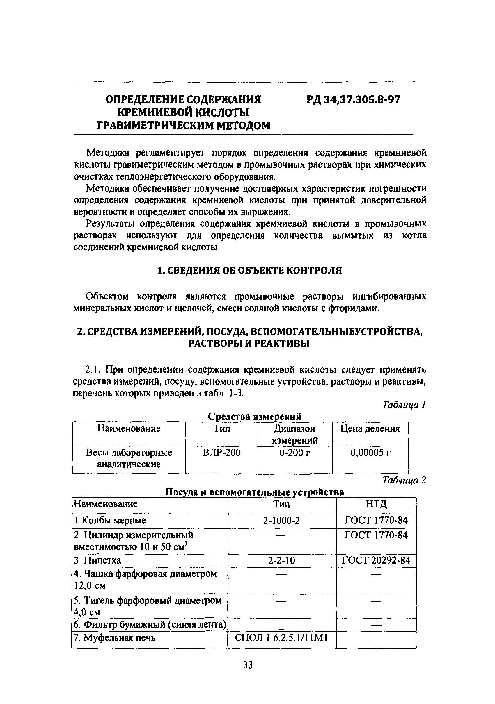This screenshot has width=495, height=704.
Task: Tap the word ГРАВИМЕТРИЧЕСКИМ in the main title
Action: point(156,125)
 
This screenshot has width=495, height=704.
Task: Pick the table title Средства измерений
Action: point(254,417)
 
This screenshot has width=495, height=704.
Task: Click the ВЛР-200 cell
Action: point(221,452)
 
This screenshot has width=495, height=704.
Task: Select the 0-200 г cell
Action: point(294,452)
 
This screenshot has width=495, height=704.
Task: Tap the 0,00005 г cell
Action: point(370,452)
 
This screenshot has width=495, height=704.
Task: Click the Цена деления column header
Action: point(370,428)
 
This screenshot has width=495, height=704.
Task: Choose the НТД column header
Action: point(376,504)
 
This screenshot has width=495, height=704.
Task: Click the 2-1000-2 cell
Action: point(281,520)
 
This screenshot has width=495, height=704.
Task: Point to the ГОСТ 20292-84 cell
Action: point(376,560)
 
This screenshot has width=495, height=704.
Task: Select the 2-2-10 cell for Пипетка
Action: point(281,560)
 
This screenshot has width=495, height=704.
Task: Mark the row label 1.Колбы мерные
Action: point(110,520)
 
